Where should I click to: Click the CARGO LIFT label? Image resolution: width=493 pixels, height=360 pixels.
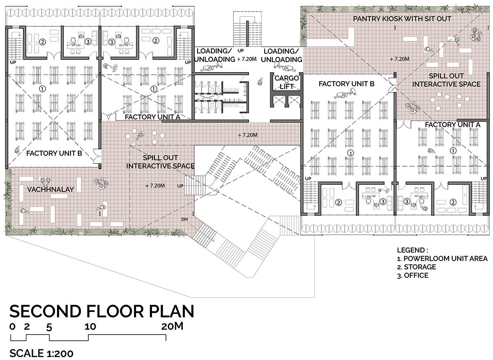[287, 82]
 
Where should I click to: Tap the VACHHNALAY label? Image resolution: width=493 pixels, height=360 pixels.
[50, 189]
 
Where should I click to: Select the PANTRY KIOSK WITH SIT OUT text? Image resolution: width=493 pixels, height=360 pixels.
[402, 19]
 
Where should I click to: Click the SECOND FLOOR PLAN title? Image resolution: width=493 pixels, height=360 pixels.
[102, 311]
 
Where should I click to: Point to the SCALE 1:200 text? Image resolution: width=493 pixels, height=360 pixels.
[41, 353]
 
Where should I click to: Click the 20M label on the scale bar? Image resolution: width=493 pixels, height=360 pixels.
[172, 326]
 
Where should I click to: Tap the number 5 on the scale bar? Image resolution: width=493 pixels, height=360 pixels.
[49, 327]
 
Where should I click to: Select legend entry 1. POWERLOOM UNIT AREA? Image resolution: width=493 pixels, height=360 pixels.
[442, 259]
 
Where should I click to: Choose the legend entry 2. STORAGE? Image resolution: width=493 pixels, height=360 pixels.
[417, 267]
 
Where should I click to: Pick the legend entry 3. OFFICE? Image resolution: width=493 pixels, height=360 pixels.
[412, 275]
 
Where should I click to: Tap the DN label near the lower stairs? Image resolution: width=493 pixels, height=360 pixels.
[184, 219]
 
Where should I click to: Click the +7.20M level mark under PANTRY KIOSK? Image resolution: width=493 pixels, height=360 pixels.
[399, 59]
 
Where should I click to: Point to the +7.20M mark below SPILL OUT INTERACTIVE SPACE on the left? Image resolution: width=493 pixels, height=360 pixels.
[155, 186]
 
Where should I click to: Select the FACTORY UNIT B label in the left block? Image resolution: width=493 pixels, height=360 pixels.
[54, 153]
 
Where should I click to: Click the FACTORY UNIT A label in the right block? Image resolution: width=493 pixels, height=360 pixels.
[452, 125]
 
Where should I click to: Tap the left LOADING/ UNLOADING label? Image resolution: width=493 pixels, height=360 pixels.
[214, 55]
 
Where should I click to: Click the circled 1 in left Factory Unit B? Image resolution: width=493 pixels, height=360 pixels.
[42, 89]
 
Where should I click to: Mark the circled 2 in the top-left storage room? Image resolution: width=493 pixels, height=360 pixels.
[42, 42]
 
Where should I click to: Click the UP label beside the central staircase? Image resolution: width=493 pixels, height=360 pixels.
[241, 51]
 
